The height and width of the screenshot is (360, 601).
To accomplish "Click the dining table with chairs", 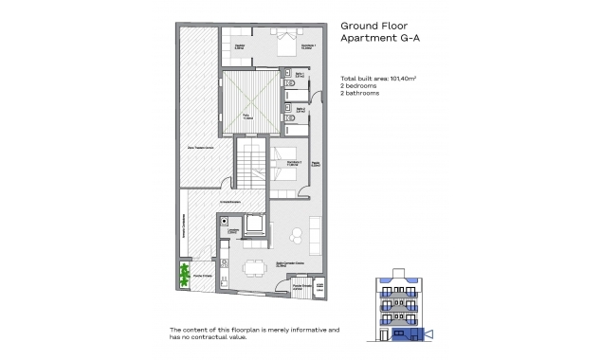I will click(x=252, y=266).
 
